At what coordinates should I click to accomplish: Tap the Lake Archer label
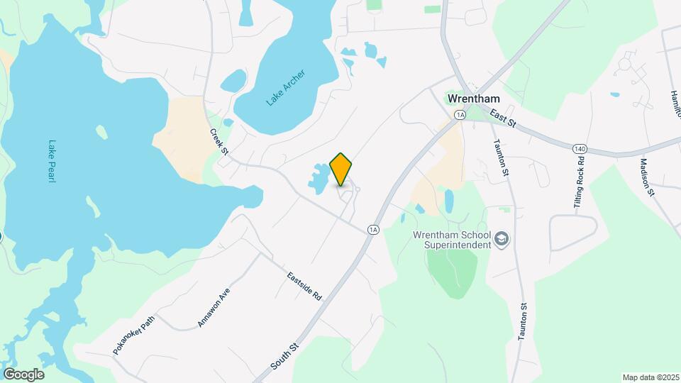pos(286,88)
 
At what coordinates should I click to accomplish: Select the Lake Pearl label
pos(51,160)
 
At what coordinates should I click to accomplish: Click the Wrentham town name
pos(474,99)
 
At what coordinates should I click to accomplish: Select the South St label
pos(286,355)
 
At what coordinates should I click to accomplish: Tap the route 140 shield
pos(580,148)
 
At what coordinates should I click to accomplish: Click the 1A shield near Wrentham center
pos(460,114)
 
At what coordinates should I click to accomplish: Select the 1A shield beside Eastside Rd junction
pos(373,229)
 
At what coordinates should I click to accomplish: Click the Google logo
pos(23,374)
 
